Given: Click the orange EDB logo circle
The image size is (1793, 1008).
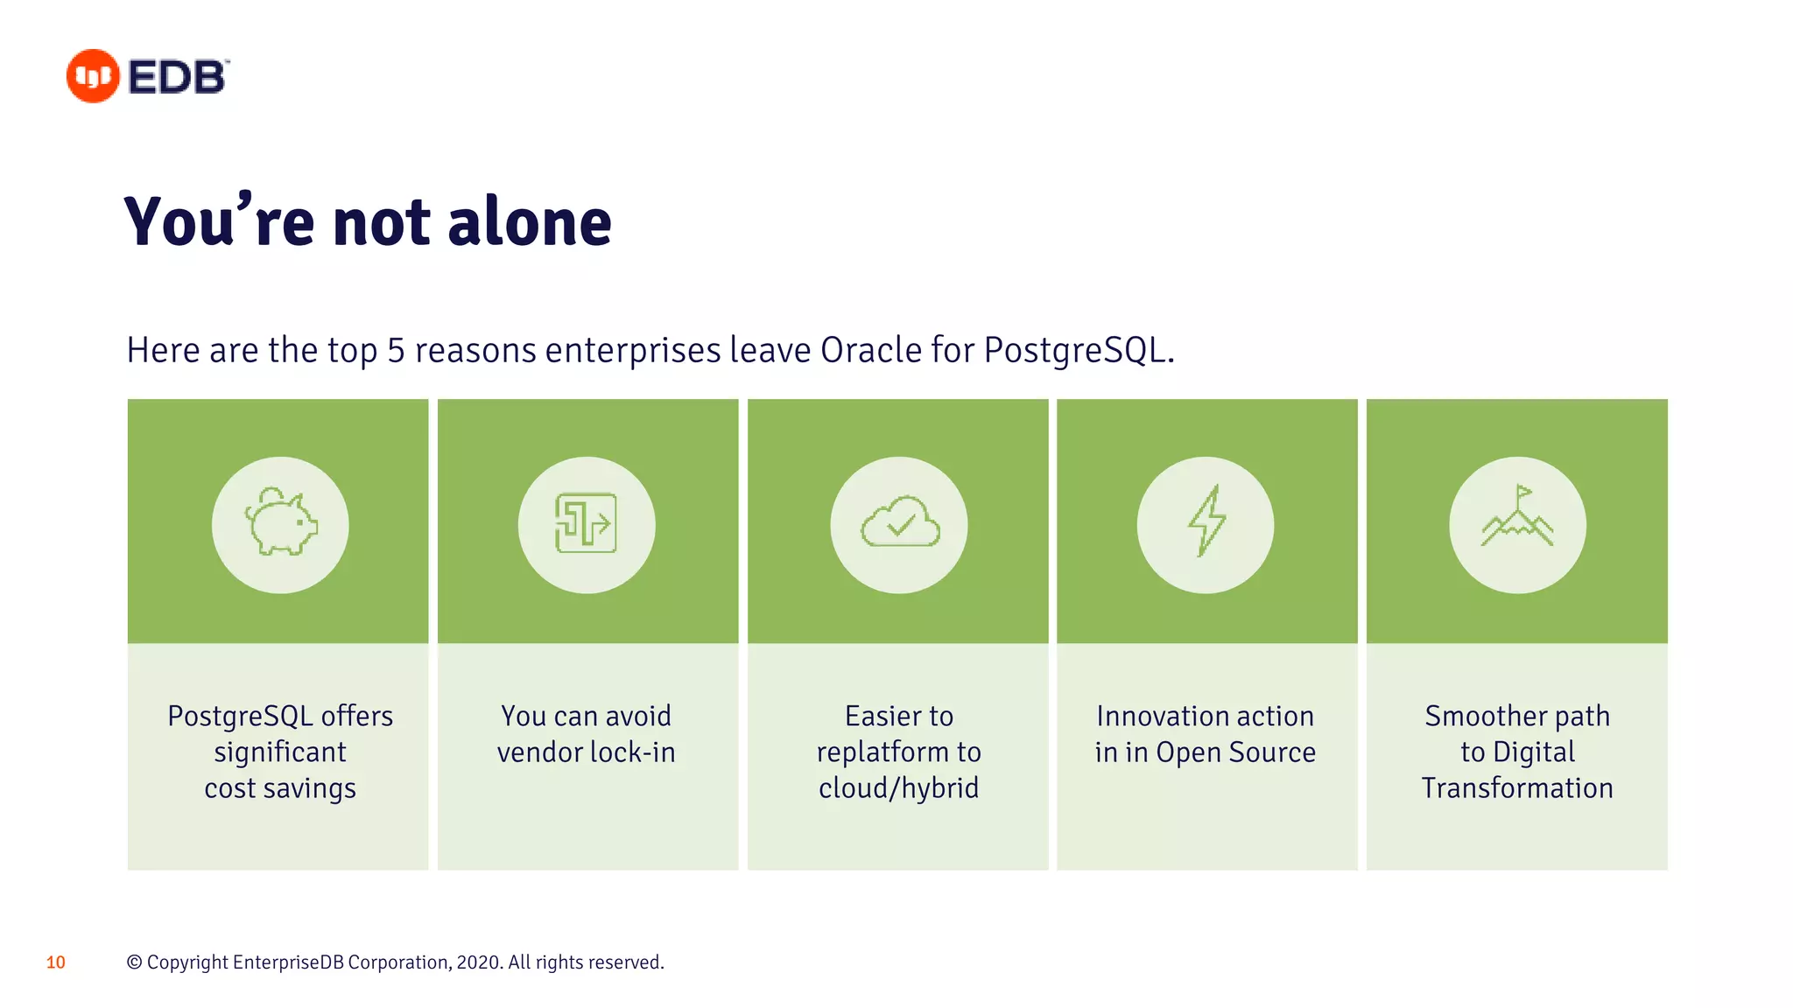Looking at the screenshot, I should (x=93, y=76).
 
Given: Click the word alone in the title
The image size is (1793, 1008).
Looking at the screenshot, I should (x=529, y=222).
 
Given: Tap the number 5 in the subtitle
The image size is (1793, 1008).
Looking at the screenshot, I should (x=396, y=350).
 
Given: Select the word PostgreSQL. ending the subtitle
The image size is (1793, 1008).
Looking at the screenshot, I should (x=1079, y=350).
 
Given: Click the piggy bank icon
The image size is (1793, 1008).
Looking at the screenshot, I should (x=280, y=523).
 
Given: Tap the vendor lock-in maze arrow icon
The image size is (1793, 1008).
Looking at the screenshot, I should (x=586, y=523).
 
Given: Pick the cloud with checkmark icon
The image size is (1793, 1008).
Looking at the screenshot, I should (x=899, y=523).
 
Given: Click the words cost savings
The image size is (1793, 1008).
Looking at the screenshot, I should (x=280, y=788).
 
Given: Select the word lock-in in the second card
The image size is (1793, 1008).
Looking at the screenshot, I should (x=633, y=752).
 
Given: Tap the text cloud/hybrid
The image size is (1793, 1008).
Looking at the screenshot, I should (x=899, y=788).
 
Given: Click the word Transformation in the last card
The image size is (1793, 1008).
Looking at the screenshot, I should (x=1517, y=788).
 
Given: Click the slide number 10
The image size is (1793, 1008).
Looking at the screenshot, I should (x=56, y=962).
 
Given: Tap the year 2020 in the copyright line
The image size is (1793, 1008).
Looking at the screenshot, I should (x=478, y=962).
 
